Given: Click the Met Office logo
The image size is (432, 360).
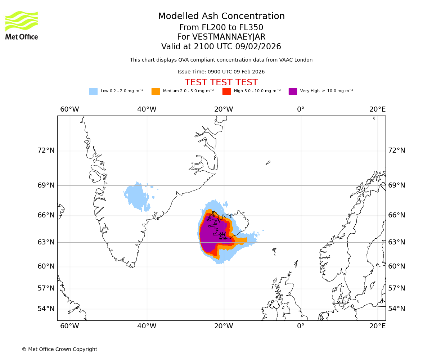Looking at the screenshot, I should point(22,25).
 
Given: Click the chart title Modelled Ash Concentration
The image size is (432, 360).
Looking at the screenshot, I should point(221,17).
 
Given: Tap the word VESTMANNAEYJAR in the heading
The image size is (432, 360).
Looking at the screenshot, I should point(229,37).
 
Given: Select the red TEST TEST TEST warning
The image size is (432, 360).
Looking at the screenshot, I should point(221,82).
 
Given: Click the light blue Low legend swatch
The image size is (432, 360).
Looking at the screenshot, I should point(93,91).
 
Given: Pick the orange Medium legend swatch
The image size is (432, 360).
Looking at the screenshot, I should point(156,91).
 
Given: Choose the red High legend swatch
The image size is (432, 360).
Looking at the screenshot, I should point(226,91).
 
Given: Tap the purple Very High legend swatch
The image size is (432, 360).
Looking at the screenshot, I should point(293,91).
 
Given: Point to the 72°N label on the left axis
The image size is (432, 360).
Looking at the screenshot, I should point(46,150).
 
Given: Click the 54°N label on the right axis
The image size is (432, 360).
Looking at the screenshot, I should point(396,309).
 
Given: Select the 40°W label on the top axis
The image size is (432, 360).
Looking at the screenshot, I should point(147,109).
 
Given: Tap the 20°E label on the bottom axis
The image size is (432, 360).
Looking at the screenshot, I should point(377,326).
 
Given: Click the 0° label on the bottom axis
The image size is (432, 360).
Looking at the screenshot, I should point(301,326).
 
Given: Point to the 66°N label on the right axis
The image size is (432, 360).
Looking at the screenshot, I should point(396,215).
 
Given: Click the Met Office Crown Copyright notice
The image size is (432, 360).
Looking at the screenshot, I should point(59,350).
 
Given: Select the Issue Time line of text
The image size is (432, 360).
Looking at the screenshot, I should point(221,72).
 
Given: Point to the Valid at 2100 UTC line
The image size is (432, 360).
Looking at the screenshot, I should point(221,47).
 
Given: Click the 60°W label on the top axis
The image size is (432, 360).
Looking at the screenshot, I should point(69,109).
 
